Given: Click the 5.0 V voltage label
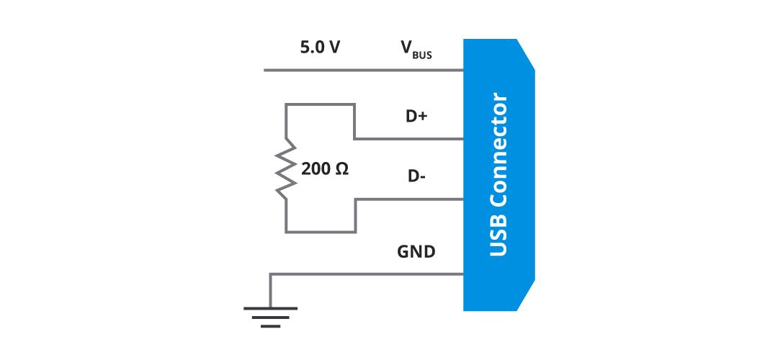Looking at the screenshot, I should [320, 48].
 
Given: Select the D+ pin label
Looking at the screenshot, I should [416, 116].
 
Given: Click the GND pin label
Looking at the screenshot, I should [416, 252].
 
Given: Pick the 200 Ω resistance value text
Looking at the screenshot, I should [325, 170].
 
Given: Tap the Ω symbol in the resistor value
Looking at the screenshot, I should [342, 170].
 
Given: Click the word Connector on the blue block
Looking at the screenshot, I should [498, 154].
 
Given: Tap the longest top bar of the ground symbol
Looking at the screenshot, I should [270, 308].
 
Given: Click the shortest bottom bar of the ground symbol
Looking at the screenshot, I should [270, 326].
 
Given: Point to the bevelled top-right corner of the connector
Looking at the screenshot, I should [526, 54].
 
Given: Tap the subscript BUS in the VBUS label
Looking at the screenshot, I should [422, 54].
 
